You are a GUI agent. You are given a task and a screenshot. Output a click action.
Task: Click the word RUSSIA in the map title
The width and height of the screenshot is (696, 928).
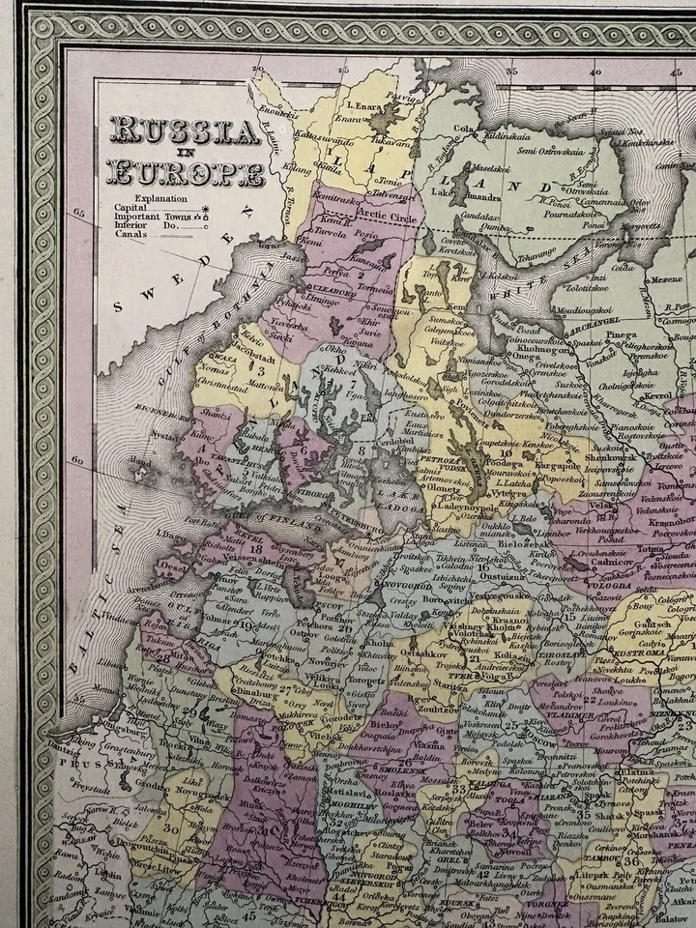[x=185, y=131]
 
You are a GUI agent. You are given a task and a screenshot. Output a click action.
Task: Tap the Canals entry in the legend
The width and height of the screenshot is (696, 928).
[x=130, y=233]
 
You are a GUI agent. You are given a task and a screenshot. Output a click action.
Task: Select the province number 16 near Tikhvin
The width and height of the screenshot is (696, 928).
[x=480, y=569]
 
